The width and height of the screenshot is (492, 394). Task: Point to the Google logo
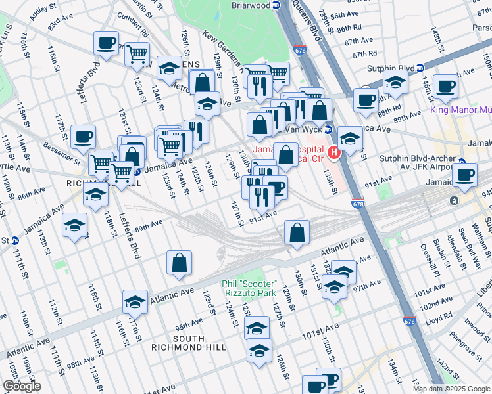click(x=22, y=386)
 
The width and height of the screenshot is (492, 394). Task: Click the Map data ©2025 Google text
click(x=452, y=389)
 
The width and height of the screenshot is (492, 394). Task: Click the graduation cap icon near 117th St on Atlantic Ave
click(x=135, y=301)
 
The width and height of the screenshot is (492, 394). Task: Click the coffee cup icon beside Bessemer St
click(x=83, y=137)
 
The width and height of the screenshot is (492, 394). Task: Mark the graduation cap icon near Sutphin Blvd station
click(x=395, y=83)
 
